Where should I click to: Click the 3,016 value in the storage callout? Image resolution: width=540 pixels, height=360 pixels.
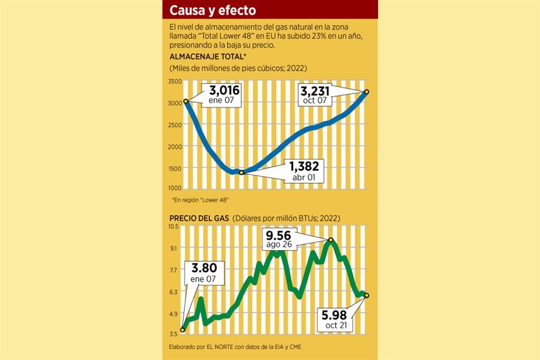(x=224, y=91)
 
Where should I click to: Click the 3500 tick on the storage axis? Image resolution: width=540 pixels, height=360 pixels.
(x=175, y=82)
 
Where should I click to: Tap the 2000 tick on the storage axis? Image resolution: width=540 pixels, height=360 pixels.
(x=175, y=146)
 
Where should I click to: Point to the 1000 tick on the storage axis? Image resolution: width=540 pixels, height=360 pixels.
(x=175, y=188)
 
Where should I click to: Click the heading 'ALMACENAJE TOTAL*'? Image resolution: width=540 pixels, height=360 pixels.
(x=208, y=57)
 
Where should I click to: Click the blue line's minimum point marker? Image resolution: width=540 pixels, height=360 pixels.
(x=241, y=172)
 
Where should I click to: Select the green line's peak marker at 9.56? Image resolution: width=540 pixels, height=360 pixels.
(x=331, y=240)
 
